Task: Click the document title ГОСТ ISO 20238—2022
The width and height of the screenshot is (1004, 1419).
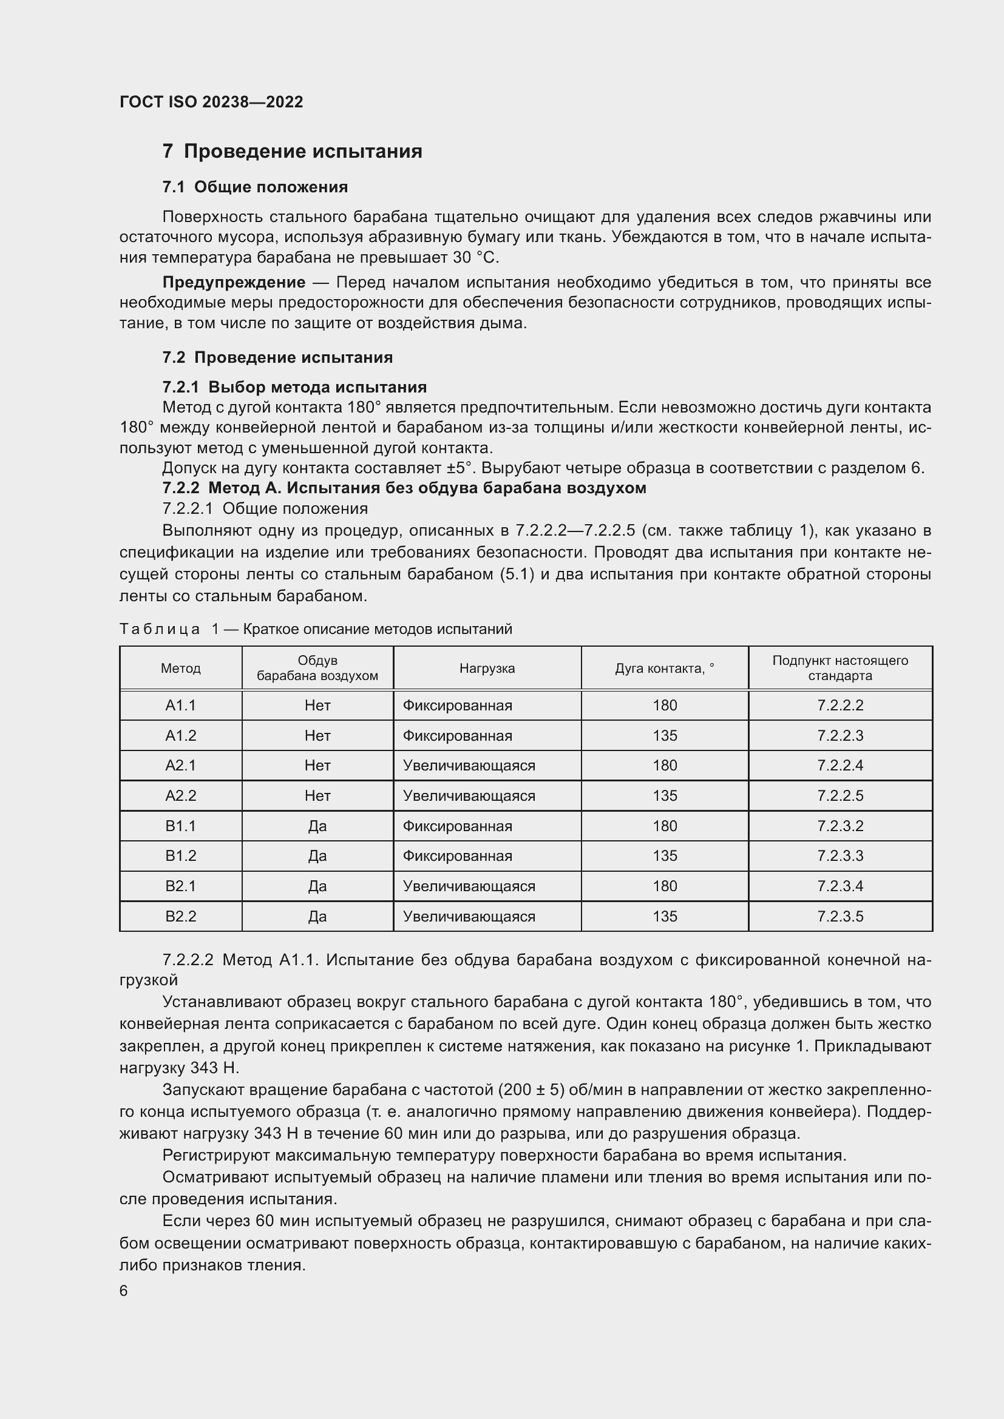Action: [x=211, y=102]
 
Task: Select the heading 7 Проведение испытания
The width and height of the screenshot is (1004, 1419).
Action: [x=292, y=152]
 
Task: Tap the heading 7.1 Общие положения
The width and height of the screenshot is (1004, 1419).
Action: [x=255, y=187]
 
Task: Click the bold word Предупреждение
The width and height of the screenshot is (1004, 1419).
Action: [x=234, y=283]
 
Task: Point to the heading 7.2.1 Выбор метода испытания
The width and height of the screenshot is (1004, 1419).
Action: [x=294, y=387]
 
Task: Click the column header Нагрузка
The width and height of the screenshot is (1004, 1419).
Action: [x=487, y=668]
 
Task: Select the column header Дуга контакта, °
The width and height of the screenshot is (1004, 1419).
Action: [x=664, y=668]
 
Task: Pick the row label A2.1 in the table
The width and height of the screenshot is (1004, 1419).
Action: [x=180, y=765]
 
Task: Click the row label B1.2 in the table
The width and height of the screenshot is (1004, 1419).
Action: [x=180, y=855]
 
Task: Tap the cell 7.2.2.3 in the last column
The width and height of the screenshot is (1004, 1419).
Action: [x=839, y=735]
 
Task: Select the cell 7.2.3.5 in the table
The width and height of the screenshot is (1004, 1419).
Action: [x=839, y=916]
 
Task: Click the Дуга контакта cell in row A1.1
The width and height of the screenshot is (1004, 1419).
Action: [x=665, y=705]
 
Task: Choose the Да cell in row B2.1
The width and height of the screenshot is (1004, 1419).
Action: [x=317, y=886]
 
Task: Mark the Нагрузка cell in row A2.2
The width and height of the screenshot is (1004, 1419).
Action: [x=469, y=795]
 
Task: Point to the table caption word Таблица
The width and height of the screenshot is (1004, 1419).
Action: [x=160, y=629]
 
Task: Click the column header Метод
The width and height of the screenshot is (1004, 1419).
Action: [x=180, y=668]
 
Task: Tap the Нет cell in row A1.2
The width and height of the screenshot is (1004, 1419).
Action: [x=317, y=735]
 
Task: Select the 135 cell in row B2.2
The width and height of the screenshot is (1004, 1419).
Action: [x=665, y=916]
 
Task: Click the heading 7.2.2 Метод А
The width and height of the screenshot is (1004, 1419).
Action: [x=404, y=488]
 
